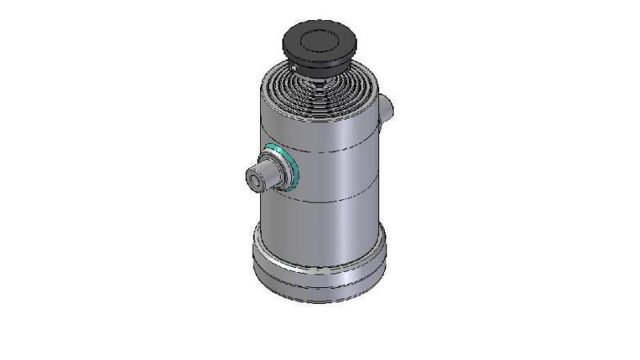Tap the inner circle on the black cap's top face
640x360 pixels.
click(x=319, y=40)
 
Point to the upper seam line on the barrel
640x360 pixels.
click(x=336, y=149)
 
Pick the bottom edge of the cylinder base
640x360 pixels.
click(x=320, y=301)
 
